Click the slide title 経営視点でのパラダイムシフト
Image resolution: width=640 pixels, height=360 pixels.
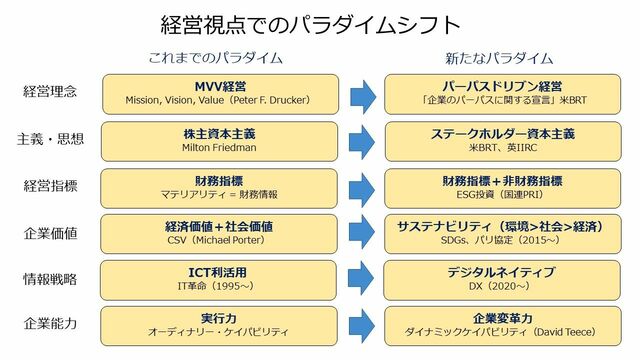(x=311, y=24)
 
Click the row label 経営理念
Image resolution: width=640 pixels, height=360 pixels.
(x=51, y=93)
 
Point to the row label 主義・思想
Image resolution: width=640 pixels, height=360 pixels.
(x=51, y=139)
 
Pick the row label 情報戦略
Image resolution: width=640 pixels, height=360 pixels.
(x=51, y=279)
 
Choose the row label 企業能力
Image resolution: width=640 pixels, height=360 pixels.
(x=51, y=325)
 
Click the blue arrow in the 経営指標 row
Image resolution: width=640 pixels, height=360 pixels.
(x=363, y=186)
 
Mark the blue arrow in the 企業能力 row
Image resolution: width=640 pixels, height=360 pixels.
(x=363, y=325)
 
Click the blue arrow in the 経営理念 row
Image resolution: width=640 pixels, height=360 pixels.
(x=363, y=93)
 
